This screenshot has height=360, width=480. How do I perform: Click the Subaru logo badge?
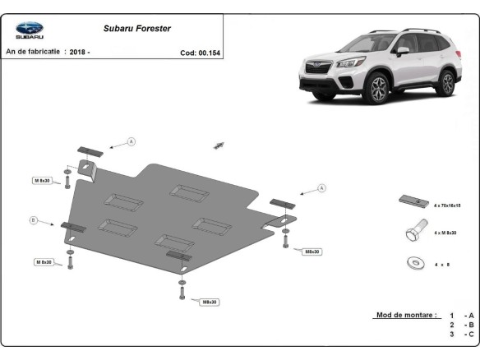(30, 30)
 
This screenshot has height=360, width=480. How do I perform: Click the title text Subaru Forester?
(137, 28)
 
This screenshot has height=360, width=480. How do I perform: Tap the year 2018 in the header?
(79, 51)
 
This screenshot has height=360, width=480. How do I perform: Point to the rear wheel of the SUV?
(446, 83)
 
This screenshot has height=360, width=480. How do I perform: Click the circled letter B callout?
(34, 219)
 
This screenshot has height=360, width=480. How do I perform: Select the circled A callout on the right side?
(321, 188)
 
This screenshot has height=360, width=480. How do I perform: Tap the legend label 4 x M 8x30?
(446, 233)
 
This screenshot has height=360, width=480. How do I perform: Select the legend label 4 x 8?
(442, 264)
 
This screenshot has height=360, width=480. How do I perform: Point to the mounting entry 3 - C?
(460, 334)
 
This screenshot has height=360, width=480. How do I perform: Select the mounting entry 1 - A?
(460, 315)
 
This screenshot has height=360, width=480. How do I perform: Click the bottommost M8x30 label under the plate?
(210, 302)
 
